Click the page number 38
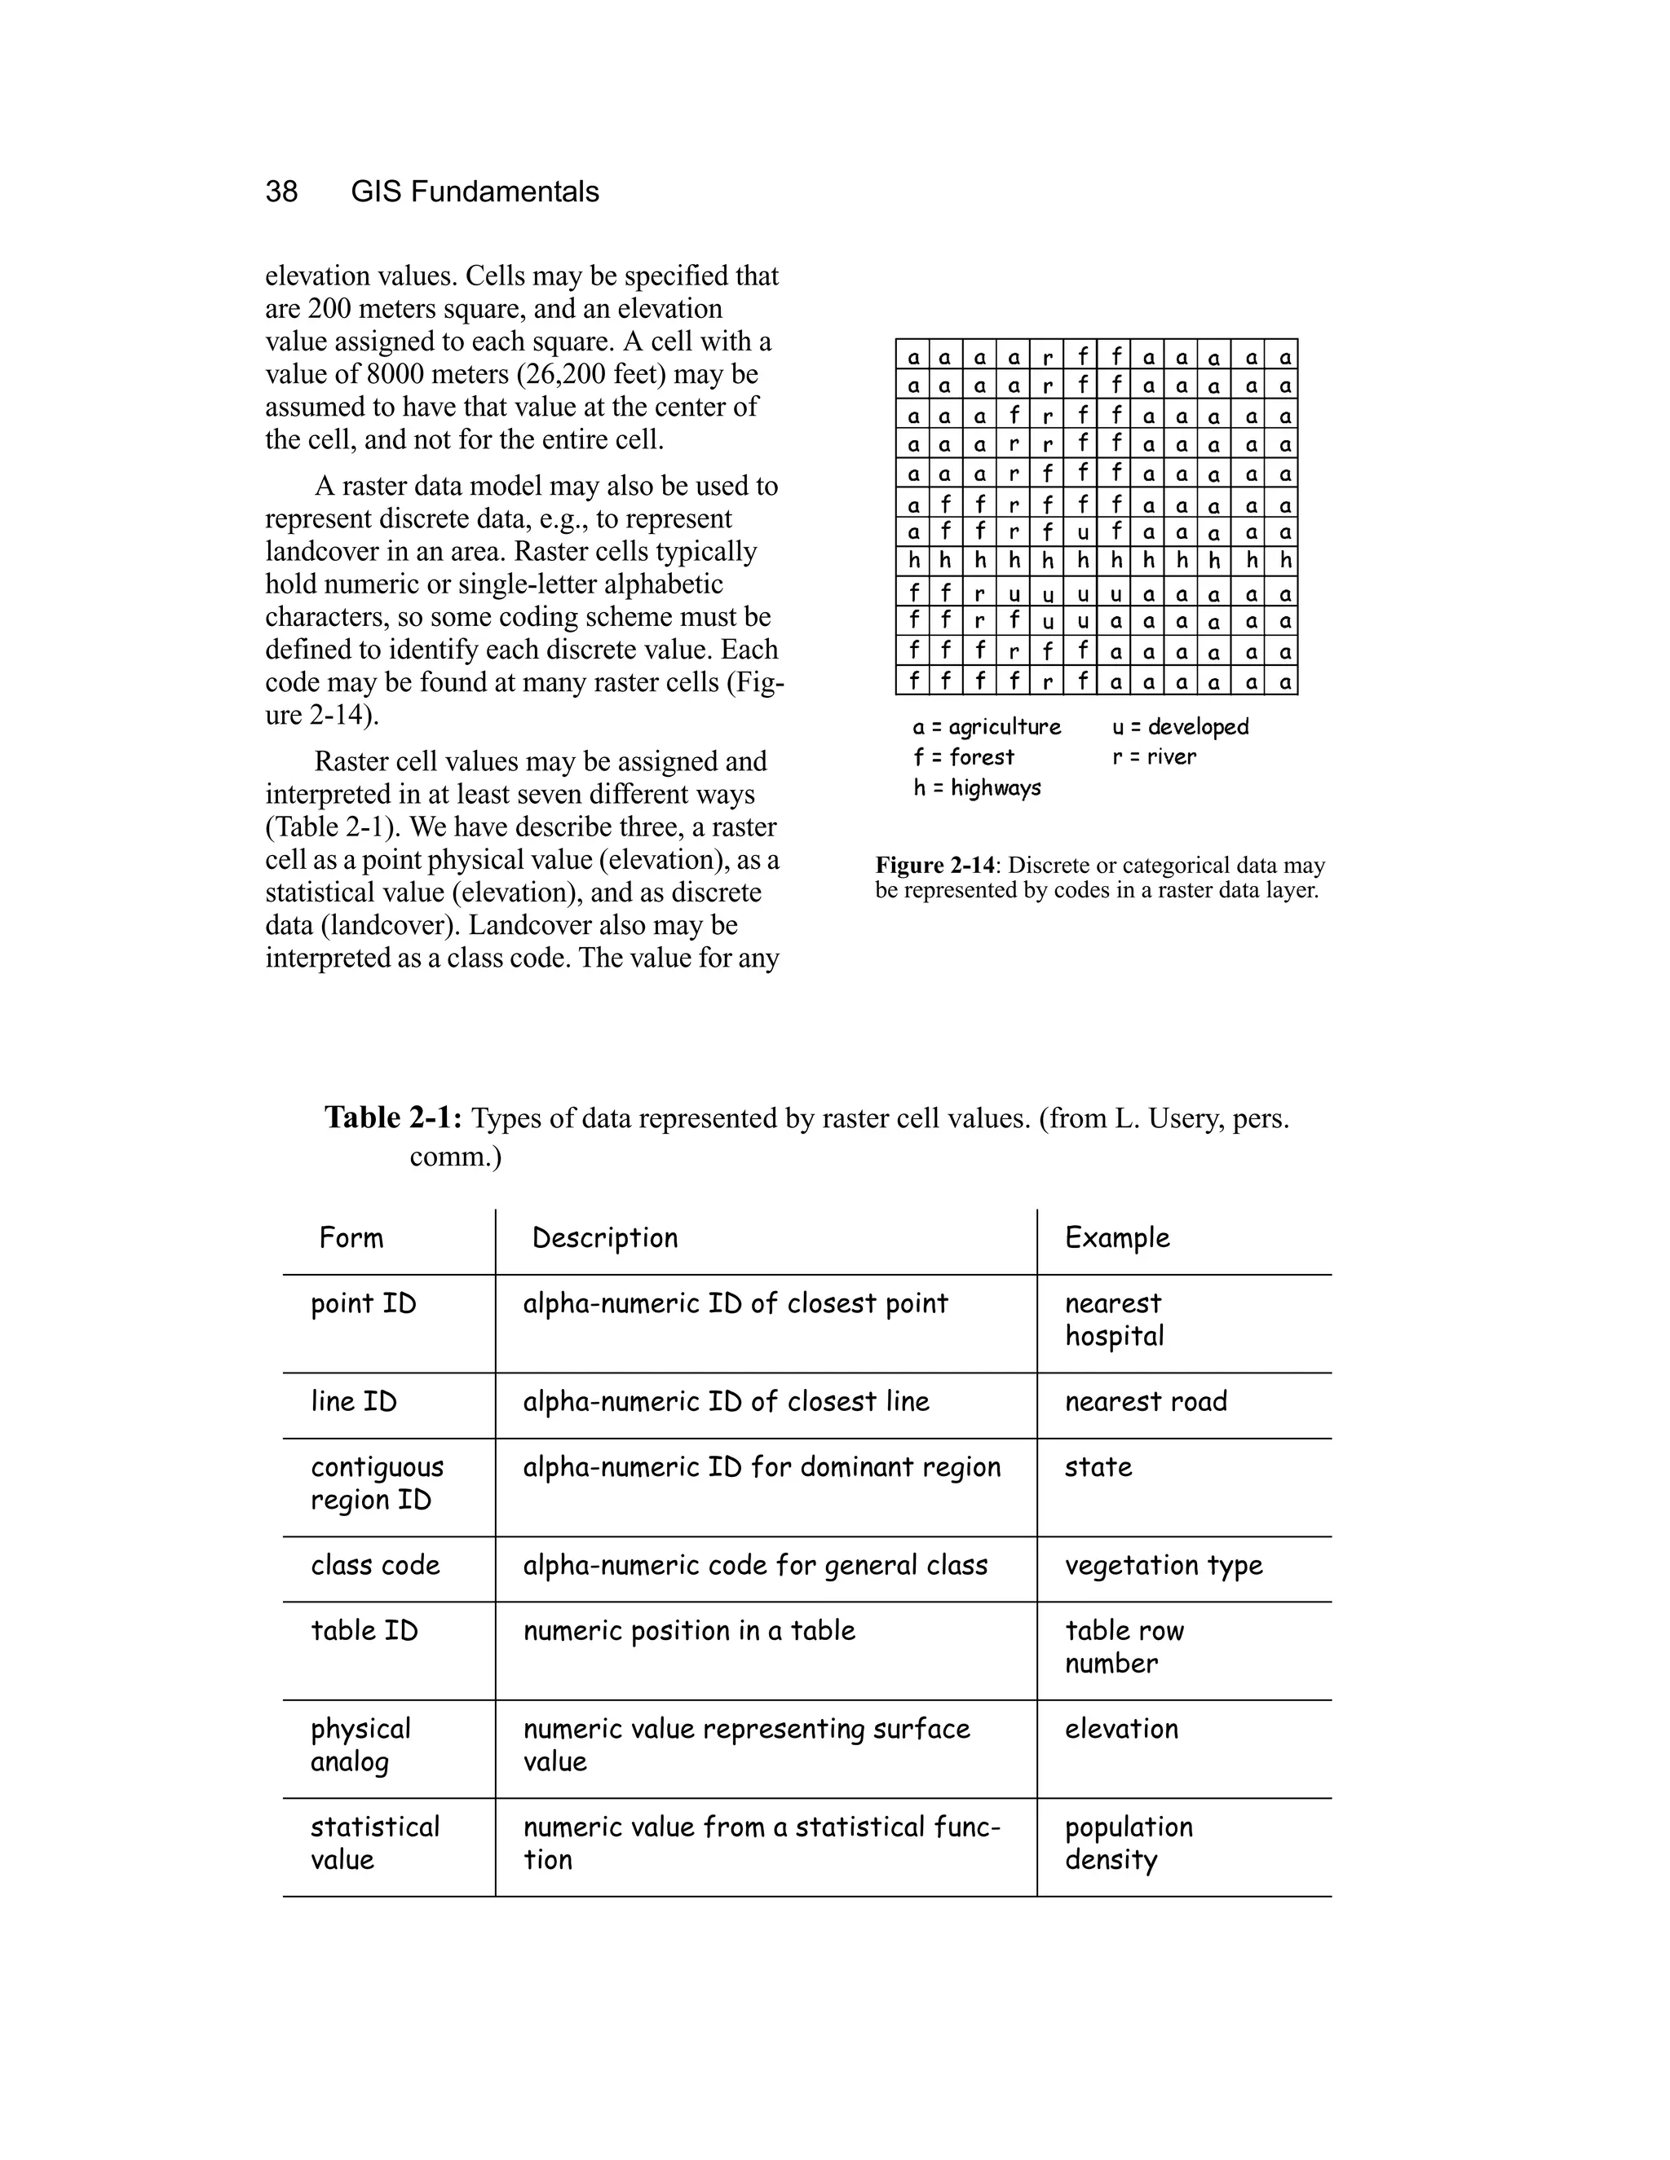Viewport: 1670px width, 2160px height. (281, 192)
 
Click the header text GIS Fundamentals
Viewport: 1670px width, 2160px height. (475, 192)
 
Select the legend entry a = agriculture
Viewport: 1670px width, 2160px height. (987, 727)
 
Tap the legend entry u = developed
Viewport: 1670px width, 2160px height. (1180, 727)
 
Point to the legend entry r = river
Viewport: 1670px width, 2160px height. (1154, 757)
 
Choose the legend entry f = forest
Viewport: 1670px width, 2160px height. (964, 757)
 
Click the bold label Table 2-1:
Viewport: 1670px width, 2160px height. (393, 1118)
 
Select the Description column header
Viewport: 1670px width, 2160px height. (604, 1238)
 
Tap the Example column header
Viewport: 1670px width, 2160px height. (1117, 1238)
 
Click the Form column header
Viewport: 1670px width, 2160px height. (351, 1238)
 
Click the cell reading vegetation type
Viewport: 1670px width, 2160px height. (1164, 1566)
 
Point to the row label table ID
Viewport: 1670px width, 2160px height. (364, 1631)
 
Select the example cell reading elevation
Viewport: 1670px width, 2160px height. (1121, 1729)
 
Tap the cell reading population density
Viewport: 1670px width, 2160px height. (1128, 1844)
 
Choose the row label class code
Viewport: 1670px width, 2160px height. (375, 1566)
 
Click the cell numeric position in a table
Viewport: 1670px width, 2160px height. (688, 1631)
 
